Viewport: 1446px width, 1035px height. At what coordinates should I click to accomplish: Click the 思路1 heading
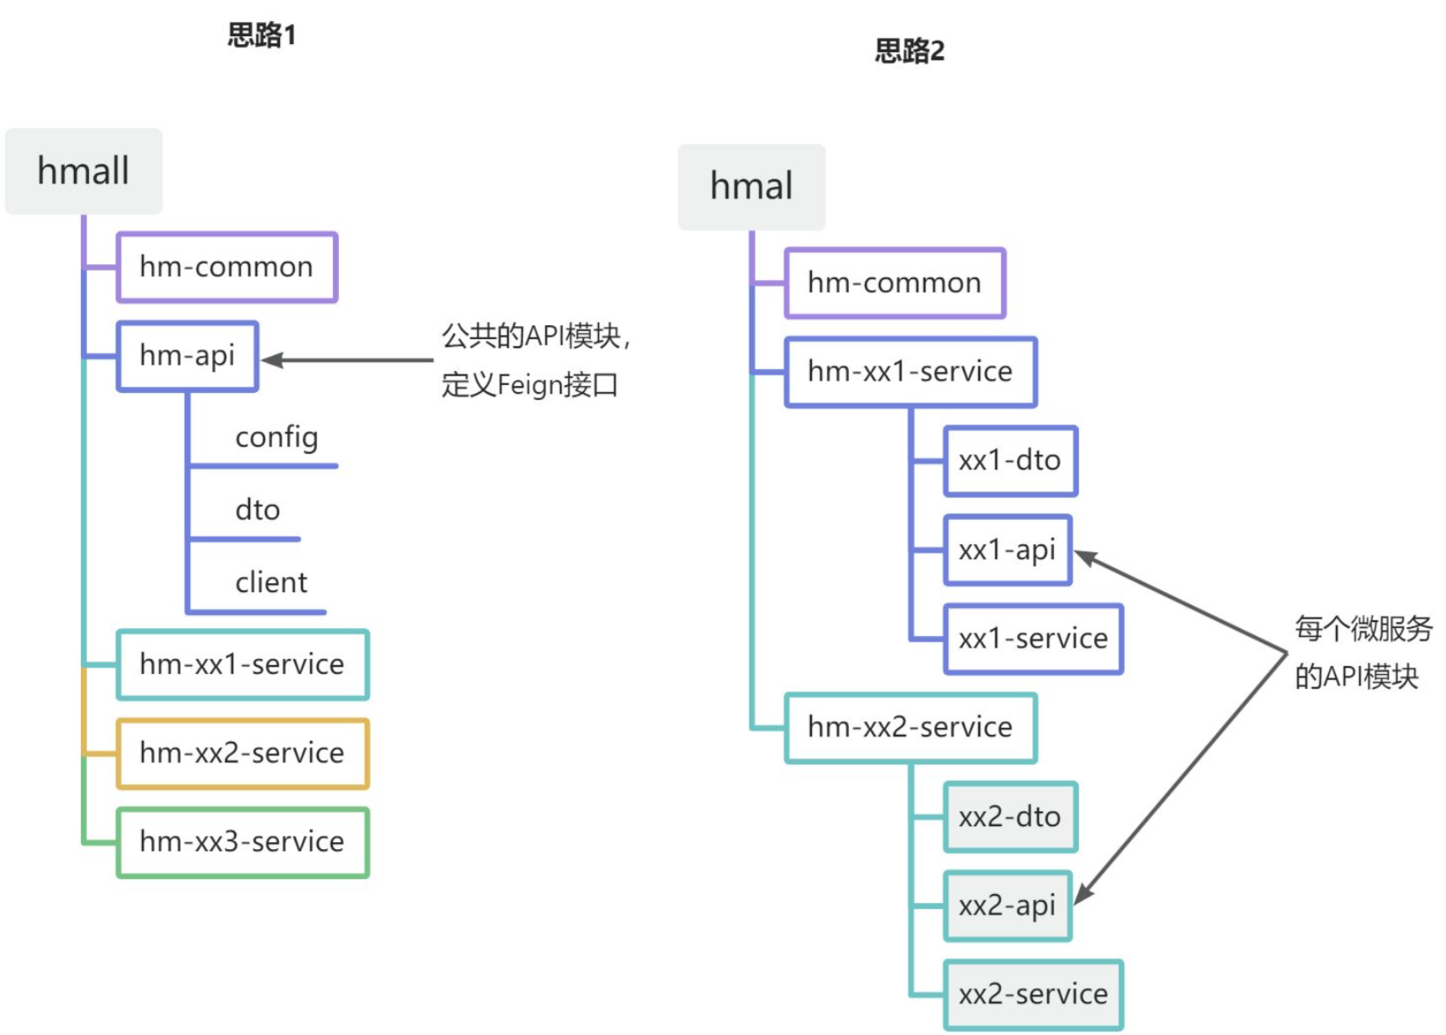click(x=262, y=35)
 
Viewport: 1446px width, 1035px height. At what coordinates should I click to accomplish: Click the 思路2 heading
click(x=909, y=51)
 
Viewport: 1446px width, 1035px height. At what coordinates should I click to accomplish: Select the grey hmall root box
click(x=84, y=171)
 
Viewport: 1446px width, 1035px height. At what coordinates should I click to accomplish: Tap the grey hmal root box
click(x=751, y=187)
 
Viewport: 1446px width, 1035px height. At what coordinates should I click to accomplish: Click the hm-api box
click(x=187, y=356)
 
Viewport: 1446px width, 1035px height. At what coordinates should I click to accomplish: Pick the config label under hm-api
click(x=276, y=437)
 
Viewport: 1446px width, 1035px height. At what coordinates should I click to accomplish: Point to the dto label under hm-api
click(x=257, y=510)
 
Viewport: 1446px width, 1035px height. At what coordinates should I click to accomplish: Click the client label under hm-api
click(x=271, y=582)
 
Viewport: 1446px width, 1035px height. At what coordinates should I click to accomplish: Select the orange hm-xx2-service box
click(x=242, y=753)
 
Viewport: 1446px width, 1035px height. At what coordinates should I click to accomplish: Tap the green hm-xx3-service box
click(x=242, y=842)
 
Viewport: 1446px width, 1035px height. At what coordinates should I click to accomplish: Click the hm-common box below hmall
click(x=226, y=267)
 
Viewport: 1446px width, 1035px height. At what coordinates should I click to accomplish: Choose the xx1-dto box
click(x=1009, y=461)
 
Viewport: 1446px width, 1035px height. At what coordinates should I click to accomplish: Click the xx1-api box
click(x=1007, y=551)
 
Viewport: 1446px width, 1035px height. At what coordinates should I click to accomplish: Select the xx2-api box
click(x=1007, y=906)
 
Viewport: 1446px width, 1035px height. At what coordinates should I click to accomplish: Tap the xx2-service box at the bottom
click(x=1033, y=994)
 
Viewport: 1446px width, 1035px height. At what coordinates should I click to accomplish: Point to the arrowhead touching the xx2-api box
click(x=1084, y=894)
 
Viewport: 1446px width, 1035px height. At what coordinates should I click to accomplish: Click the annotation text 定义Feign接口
click(x=529, y=385)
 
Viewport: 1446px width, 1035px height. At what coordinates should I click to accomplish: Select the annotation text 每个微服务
click(x=1362, y=629)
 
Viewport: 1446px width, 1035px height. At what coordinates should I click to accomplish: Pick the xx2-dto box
click(x=1009, y=817)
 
